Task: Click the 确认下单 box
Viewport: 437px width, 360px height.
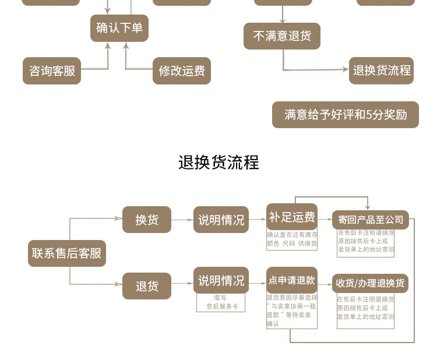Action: (x=119, y=28)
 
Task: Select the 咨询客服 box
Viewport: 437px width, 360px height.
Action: (x=52, y=70)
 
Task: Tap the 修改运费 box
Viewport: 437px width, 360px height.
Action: (x=182, y=70)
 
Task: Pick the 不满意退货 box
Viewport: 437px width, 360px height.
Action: (x=282, y=36)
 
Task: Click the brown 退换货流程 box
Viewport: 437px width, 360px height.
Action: (x=382, y=70)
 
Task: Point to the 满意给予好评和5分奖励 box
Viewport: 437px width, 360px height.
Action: (x=346, y=115)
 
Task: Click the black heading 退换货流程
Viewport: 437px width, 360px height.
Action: (x=218, y=162)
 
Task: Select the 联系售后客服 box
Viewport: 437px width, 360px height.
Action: (x=67, y=253)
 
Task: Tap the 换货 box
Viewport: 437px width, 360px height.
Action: (x=147, y=220)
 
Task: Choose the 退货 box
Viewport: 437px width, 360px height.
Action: (x=147, y=286)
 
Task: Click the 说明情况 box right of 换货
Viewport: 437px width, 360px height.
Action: (x=221, y=220)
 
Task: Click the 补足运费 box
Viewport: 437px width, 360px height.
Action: (x=292, y=217)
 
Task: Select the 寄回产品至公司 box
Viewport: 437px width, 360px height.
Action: (x=371, y=220)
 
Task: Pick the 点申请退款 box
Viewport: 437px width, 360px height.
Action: (x=292, y=280)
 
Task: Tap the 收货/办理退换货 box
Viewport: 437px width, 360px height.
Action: (x=371, y=284)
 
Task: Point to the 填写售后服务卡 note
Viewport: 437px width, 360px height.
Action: (x=221, y=302)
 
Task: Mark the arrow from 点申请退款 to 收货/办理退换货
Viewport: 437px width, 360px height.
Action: (x=325, y=284)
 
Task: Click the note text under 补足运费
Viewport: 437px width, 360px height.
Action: (x=292, y=239)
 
